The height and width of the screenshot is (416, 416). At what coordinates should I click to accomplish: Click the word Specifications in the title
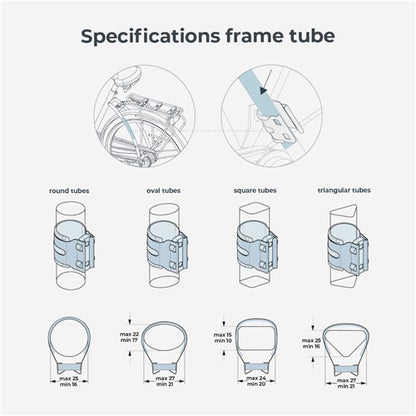click(150, 36)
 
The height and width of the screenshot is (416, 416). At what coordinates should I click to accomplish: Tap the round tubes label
click(69, 191)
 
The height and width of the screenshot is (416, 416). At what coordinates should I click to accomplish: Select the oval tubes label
click(163, 191)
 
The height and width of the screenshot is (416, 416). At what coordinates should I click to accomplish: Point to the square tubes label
click(255, 190)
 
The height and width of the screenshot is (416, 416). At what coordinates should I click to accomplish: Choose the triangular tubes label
click(344, 190)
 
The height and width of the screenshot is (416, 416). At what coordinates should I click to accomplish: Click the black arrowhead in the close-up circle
click(264, 90)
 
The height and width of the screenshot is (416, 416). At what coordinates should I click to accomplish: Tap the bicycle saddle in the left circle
click(128, 76)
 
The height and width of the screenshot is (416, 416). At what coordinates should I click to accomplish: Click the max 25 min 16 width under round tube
click(69, 381)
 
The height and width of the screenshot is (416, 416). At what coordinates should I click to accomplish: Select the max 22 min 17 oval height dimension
click(129, 337)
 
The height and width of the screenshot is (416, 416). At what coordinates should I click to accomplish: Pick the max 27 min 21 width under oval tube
click(164, 381)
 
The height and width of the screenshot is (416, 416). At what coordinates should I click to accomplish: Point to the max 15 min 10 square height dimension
click(223, 338)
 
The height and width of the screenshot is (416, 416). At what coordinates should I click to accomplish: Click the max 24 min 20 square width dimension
click(256, 381)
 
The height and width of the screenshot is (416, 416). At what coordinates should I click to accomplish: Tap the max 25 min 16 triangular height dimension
click(311, 343)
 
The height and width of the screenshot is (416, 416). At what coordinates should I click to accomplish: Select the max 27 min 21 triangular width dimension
click(346, 383)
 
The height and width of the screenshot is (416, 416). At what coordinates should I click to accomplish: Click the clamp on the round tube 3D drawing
click(74, 247)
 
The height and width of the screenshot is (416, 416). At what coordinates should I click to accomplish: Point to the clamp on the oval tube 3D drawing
click(167, 248)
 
